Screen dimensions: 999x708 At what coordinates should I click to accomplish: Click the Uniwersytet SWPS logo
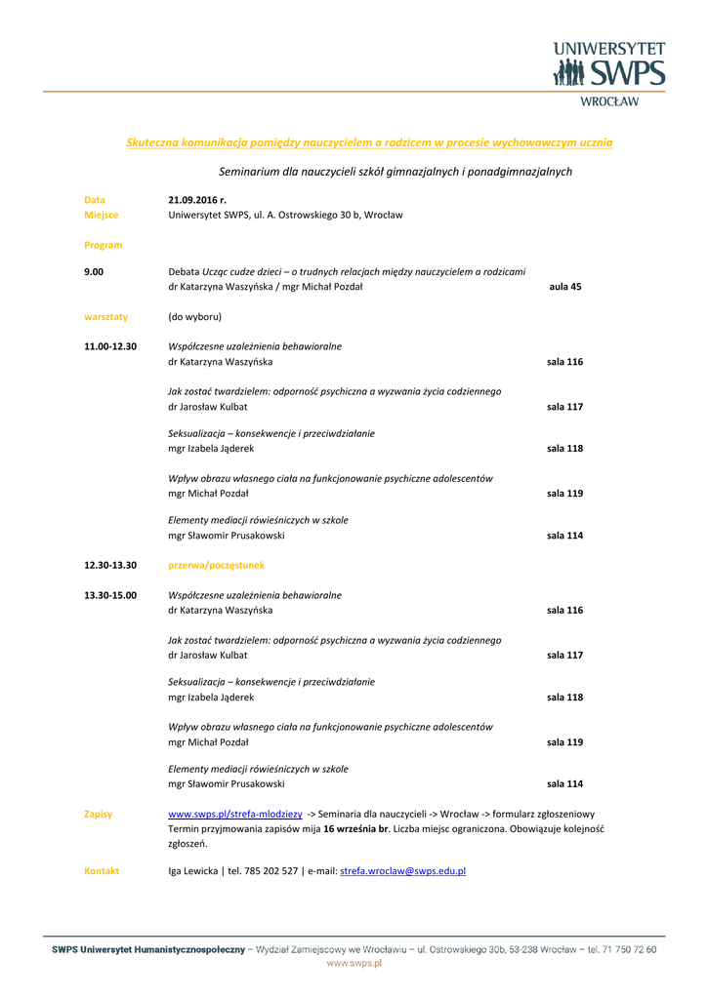(609, 73)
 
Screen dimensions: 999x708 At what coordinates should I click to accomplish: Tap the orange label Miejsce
(102, 215)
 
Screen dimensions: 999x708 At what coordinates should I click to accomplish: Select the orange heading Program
(104, 245)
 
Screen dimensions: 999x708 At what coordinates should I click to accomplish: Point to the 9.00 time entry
(94, 272)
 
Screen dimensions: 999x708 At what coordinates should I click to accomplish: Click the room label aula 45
(565, 287)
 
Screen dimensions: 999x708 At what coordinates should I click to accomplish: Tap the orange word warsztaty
(106, 317)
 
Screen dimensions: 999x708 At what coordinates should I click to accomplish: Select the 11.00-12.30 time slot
(110, 346)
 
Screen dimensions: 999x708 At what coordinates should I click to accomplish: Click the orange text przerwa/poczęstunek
(217, 565)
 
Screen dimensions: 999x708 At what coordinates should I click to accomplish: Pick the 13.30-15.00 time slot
(110, 595)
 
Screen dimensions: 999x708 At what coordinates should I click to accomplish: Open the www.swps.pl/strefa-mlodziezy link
(235, 814)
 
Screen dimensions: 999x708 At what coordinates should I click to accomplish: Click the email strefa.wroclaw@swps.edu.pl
(402, 870)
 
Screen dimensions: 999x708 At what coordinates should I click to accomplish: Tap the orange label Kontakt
(103, 870)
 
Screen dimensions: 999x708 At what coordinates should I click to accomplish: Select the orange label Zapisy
(99, 814)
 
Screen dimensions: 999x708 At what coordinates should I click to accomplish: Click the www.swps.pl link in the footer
(354, 963)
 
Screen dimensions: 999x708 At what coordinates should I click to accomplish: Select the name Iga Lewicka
(193, 870)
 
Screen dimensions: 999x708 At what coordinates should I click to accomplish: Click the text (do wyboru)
(195, 317)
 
